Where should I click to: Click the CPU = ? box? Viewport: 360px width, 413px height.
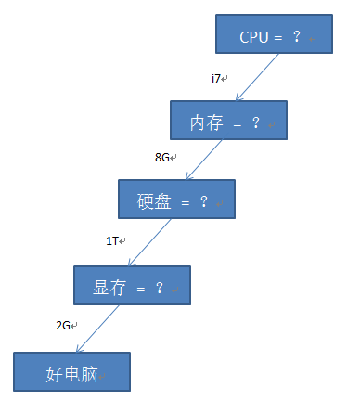pyautogui.click(x=274, y=34)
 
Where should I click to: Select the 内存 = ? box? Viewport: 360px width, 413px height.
pyautogui.click(x=228, y=120)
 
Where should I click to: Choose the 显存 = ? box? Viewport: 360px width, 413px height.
pyautogui.click(x=132, y=287)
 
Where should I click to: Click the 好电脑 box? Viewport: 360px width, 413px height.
pyautogui.click(x=72, y=374)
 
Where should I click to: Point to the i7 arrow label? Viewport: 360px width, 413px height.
pyautogui.click(x=216, y=78)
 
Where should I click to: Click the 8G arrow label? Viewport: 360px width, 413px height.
pyautogui.click(x=162, y=157)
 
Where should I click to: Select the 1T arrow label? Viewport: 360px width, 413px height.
pyautogui.click(x=111, y=241)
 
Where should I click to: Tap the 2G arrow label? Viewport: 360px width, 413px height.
pyautogui.click(x=63, y=325)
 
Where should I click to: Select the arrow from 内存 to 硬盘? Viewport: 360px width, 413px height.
pyautogui.click(x=206, y=159)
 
